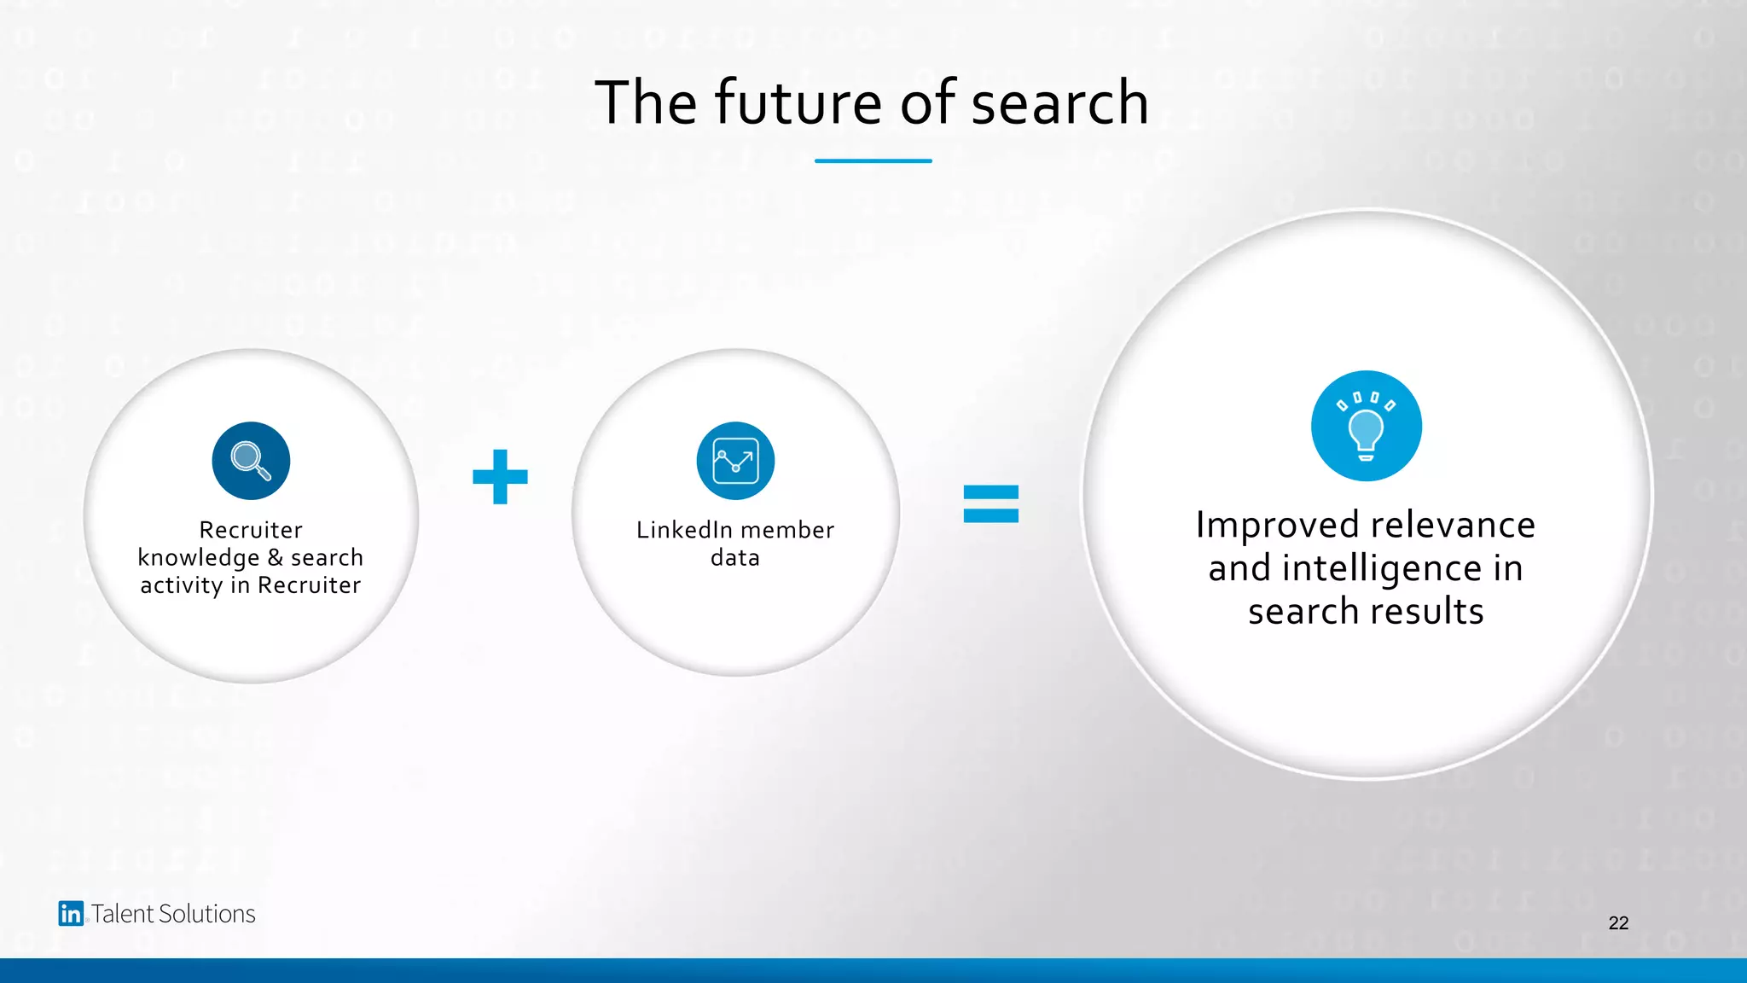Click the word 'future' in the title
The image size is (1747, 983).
pos(798,102)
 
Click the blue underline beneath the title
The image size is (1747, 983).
pos(873,160)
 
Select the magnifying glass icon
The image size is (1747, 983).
pos(251,461)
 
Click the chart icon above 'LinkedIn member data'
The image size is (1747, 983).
pos(735,461)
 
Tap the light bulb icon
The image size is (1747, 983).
pos(1366,426)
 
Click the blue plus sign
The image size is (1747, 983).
pos(500,477)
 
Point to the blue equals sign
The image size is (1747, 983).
pos(990,503)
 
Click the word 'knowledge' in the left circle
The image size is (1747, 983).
pos(198,558)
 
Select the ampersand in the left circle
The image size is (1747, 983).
pos(275,557)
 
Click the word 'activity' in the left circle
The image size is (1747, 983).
pos(181,585)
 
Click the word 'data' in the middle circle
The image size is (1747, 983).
pos(735,558)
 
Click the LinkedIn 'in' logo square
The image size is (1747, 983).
pos(71,914)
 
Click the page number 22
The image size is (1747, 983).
pos(1618,922)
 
